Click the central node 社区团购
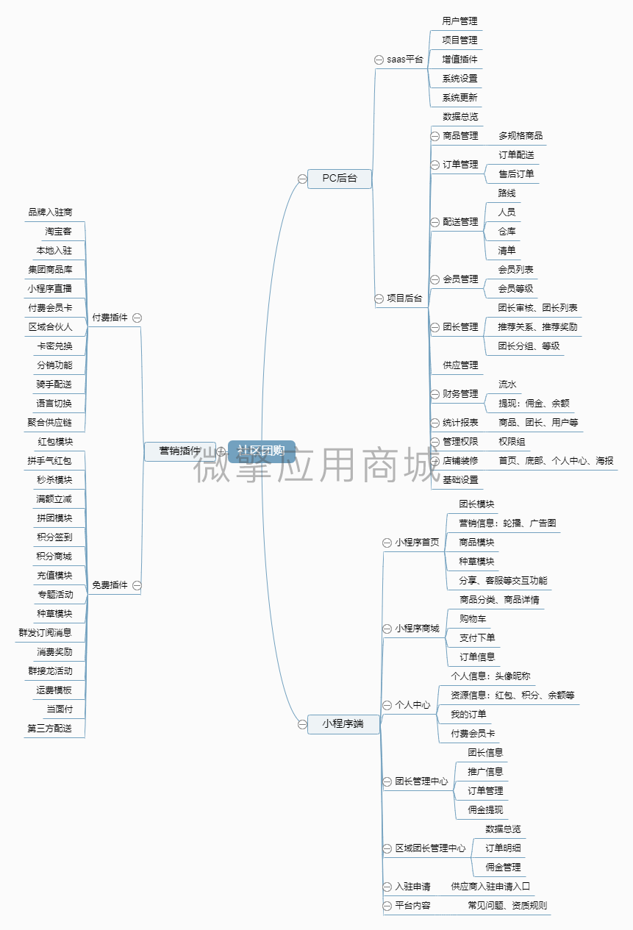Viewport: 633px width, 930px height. pyautogui.click(x=261, y=451)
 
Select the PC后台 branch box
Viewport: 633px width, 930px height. pyautogui.click(x=339, y=178)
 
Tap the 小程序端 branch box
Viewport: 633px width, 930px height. pyautogui.click(x=343, y=724)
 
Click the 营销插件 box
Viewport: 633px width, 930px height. pyautogui.click(x=180, y=451)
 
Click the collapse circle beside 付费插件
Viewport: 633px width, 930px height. pyautogui.click(x=137, y=318)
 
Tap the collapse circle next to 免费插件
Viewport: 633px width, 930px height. pyautogui.click(x=137, y=586)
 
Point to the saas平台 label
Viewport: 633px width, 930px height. pyautogui.click(x=405, y=60)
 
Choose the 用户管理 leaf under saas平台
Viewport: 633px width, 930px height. pyautogui.click(x=459, y=21)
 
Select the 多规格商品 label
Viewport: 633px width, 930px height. pyautogui.click(x=521, y=136)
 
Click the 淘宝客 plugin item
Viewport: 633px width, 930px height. pyautogui.click(x=58, y=232)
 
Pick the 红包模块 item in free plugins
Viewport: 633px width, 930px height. pyautogui.click(x=55, y=442)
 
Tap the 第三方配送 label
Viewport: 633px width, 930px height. pyautogui.click(x=50, y=729)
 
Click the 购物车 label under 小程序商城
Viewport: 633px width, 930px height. pyautogui.click(x=473, y=619)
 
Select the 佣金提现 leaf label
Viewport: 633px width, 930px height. pyautogui.click(x=485, y=810)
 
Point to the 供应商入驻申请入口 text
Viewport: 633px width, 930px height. pyautogui.click(x=490, y=887)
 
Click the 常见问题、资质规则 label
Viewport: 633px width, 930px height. pyautogui.click(x=507, y=906)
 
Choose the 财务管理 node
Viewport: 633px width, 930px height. pyautogui.click(x=460, y=394)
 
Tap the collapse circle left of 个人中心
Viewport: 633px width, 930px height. pyautogui.click(x=387, y=705)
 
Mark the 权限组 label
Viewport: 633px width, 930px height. pyautogui.click(x=512, y=442)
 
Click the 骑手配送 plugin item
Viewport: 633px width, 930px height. pyautogui.click(x=54, y=384)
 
